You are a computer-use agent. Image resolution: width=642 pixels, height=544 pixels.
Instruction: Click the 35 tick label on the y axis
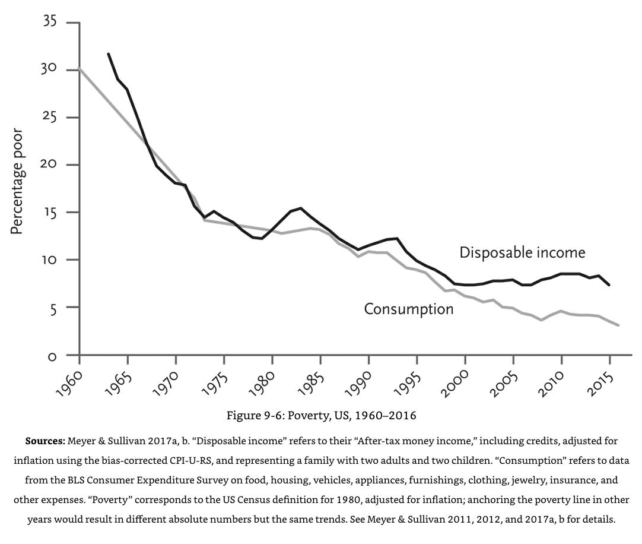coord(50,22)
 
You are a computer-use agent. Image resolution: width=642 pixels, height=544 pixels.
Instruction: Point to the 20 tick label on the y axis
coord(50,165)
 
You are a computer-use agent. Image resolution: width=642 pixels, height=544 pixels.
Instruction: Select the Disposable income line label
coord(522,252)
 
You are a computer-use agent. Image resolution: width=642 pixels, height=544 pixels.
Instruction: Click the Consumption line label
coord(408,309)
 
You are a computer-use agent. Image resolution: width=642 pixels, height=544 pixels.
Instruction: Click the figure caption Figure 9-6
coord(321,415)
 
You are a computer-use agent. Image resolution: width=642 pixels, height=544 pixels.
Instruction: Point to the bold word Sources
coord(45,441)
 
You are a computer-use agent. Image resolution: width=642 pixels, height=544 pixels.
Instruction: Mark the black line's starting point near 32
coord(108,54)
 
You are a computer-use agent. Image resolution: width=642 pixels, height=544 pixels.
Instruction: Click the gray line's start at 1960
coord(79,69)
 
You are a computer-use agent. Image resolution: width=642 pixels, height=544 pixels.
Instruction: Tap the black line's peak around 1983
coord(301,208)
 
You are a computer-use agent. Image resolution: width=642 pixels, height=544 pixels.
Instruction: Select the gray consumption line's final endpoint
coord(618,325)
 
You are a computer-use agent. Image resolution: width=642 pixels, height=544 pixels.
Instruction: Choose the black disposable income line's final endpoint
coord(609,285)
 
